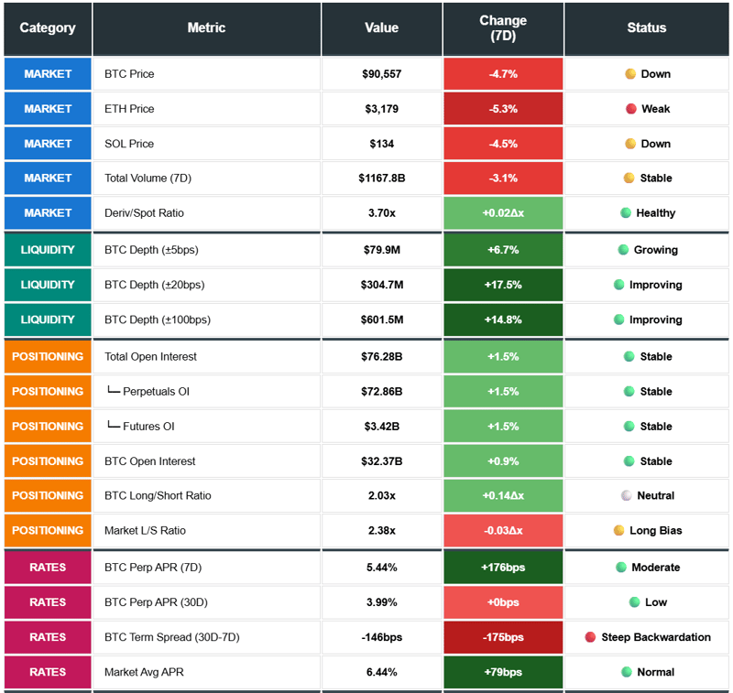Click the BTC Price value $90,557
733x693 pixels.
pyautogui.click(x=381, y=74)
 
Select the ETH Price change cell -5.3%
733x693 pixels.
pyautogui.click(x=503, y=109)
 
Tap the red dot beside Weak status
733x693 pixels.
pyautogui.click(x=630, y=109)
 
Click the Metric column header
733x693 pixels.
pyautogui.click(x=206, y=28)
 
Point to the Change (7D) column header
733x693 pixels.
pyautogui.click(x=503, y=28)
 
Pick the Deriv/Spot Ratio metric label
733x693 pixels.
pyautogui.click(x=144, y=213)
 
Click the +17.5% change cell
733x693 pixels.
pyautogui.click(x=503, y=285)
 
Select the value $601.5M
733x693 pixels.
pyautogui.click(x=381, y=320)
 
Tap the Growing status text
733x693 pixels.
pyautogui.click(x=655, y=250)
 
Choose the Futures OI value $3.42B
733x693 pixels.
pyautogui.click(x=381, y=427)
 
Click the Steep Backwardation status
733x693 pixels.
pyautogui.click(x=655, y=637)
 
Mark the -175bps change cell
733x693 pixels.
pyautogui.click(x=503, y=637)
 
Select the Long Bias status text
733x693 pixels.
pyautogui.click(x=655, y=531)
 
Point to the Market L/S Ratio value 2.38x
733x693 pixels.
pyautogui.click(x=381, y=531)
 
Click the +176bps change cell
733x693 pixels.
pyautogui.click(x=503, y=568)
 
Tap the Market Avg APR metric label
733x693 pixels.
pyautogui.click(x=144, y=673)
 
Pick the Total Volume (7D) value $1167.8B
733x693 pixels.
pyautogui.click(x=381, y=179)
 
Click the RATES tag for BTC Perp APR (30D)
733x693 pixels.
pyautogui.click(x=48, y=602)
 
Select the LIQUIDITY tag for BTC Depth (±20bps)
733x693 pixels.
pyautogui.click(x=48, y=285)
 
